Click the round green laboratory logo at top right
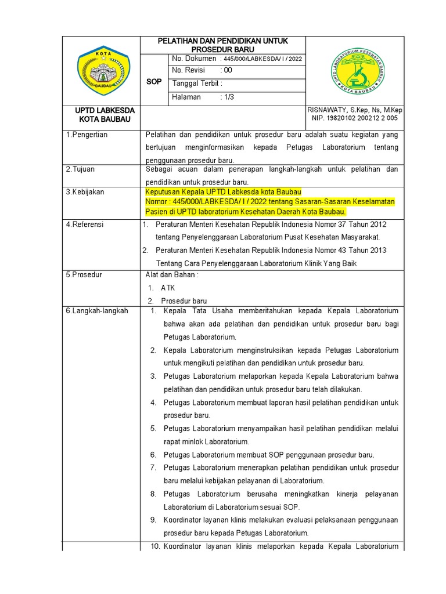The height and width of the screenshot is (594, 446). coord(354,70)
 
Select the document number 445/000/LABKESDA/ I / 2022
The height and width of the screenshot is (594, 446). coord(261,59)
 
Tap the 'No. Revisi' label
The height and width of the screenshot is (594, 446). coord(189,71)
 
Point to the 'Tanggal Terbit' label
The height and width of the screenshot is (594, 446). coord(197,84)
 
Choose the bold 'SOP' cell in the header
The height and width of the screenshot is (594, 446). coord(154,82)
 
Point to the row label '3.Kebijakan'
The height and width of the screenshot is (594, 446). coord(85,192)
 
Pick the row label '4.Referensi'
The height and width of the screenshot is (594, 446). coord(85,224)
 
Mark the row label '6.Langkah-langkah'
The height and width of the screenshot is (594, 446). coord(96,311)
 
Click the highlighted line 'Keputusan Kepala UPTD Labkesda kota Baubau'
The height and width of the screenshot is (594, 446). coord(223,192)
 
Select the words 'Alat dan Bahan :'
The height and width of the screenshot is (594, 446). coord(171,275)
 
